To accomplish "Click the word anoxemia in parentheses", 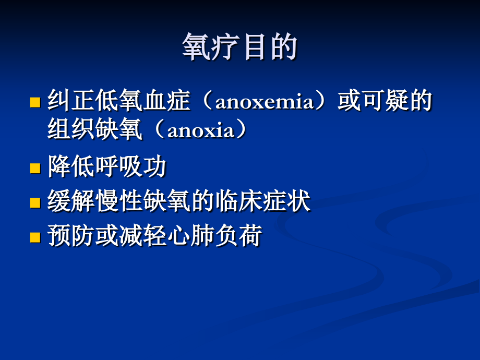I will click(x=264, y=102).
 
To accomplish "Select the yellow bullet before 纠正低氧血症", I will click(x=35, y=102).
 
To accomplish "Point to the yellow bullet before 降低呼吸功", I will click(x=35, y=168).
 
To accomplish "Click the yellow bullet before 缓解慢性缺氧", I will click(x=35, y=202).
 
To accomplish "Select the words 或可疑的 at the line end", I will click(x=385, y=102).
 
